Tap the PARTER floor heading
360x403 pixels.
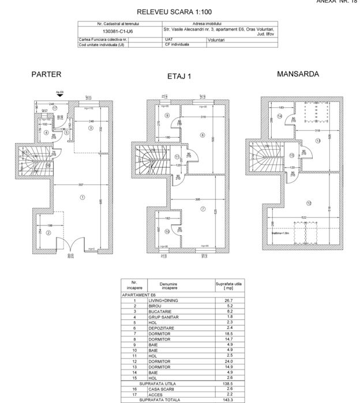(x=46, y=74)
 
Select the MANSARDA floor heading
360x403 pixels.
(x=298, y=74)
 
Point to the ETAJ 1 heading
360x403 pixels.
(x=179, y=76)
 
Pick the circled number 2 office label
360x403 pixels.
(x=48, y=232)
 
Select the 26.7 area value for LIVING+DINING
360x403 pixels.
(x=227, y=300)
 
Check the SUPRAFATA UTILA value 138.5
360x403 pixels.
(x=227, y=383)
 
